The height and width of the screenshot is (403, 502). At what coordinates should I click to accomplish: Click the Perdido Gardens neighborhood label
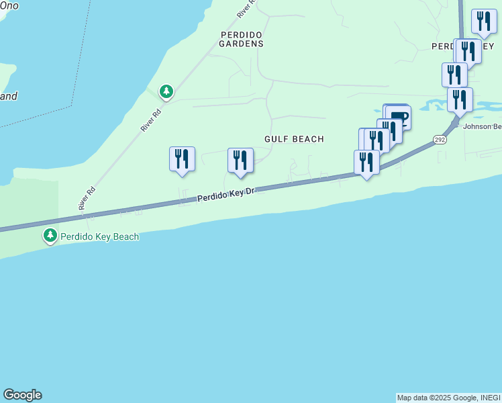[241, 38]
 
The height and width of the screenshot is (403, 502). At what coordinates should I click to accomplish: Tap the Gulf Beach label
[294, 139]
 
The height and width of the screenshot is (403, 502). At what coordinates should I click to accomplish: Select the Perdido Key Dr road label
[228, 195]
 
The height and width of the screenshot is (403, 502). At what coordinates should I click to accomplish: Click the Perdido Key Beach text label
[99, 236]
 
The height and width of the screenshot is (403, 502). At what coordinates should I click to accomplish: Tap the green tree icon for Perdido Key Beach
[50, 236]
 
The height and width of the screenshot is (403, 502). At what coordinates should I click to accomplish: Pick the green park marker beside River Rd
[166, 91]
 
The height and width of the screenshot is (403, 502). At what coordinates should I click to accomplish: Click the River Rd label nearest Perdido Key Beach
[85, 198]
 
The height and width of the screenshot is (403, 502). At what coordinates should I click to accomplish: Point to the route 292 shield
[440, 140]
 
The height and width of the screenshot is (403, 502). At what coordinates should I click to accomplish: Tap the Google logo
[22, 395]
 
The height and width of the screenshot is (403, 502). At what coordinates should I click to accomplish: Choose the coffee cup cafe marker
[397, 117]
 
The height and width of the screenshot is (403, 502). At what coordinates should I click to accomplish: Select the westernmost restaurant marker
[182, 159]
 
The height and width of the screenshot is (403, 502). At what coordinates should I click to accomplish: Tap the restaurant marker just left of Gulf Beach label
[240, 161]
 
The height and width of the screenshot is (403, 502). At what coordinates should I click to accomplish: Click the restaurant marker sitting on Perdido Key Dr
[366, 162]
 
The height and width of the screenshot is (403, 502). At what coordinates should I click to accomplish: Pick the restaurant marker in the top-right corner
[484, 21]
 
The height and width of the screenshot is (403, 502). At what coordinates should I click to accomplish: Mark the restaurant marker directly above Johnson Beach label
[460, 100]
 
